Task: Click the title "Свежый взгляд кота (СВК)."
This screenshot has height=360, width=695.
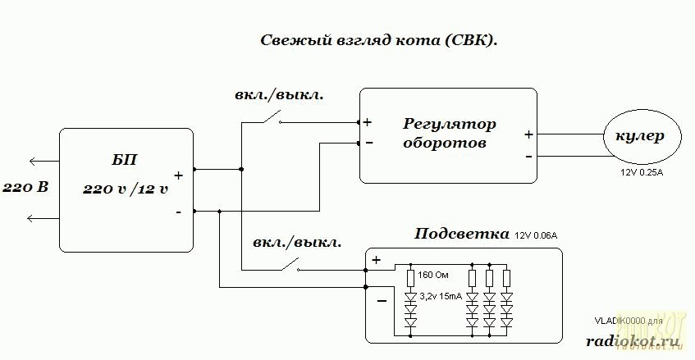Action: click(379, 40)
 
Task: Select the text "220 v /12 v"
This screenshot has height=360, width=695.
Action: click(126, 189)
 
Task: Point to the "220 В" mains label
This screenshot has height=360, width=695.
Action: click(25, 188)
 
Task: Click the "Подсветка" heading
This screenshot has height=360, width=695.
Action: click(462, 235)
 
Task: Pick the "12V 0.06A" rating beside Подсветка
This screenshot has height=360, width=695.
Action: click(537, 236)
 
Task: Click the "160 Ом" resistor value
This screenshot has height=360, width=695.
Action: click(433, 274)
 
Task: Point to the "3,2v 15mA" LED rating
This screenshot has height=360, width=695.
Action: click(441, 295)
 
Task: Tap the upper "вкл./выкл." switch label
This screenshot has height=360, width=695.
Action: click(279, 93)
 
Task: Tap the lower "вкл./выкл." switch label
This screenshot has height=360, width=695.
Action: click(297, 243)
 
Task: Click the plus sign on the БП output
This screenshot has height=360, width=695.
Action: click(178, 175)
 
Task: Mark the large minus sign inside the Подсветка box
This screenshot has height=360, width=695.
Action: click(381, 301)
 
